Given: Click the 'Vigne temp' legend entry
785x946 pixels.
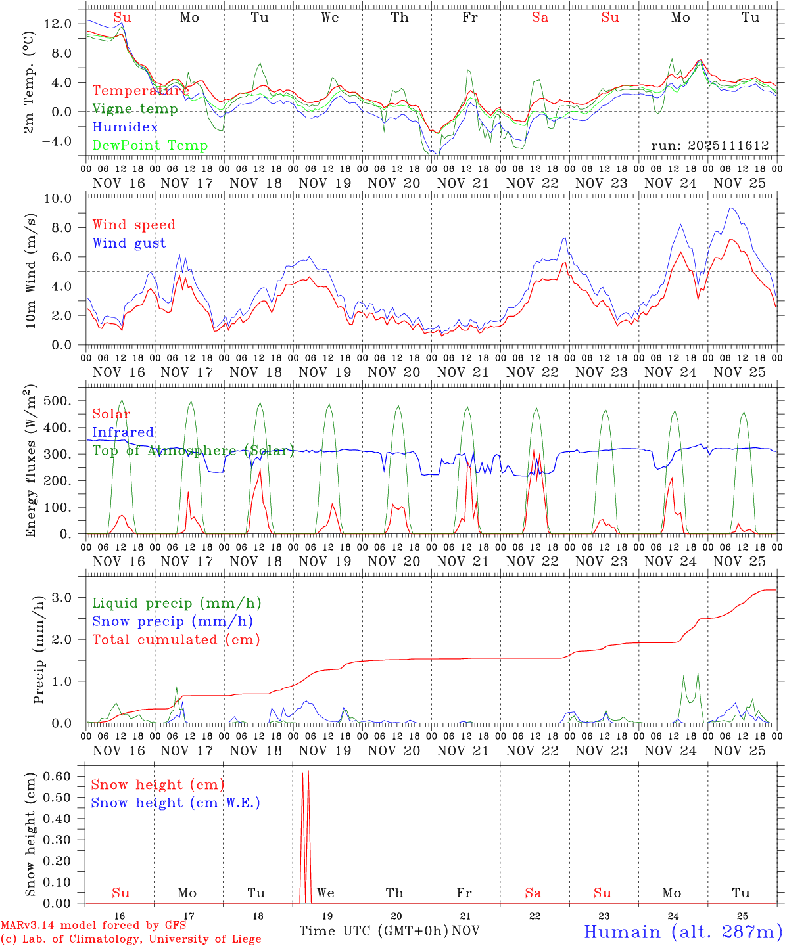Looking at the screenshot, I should point(135,109).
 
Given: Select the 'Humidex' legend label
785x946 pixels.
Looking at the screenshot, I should point(126,127).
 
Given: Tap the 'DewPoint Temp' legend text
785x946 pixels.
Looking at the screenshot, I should point(150,145).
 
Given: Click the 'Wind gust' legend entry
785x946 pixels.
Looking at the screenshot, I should point(129,243).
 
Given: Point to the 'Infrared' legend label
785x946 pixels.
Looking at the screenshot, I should point(123,432).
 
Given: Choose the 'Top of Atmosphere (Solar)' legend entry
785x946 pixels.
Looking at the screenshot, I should point(193,451).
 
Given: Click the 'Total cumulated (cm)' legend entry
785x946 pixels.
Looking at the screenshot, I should point(176,639).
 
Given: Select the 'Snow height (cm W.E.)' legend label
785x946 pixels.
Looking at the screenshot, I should point(176,803).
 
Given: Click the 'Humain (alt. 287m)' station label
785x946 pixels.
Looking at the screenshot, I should point(682,932).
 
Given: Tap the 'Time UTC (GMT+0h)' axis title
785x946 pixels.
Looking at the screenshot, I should point(373,931).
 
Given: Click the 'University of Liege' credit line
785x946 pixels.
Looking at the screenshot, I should point(131,939).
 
